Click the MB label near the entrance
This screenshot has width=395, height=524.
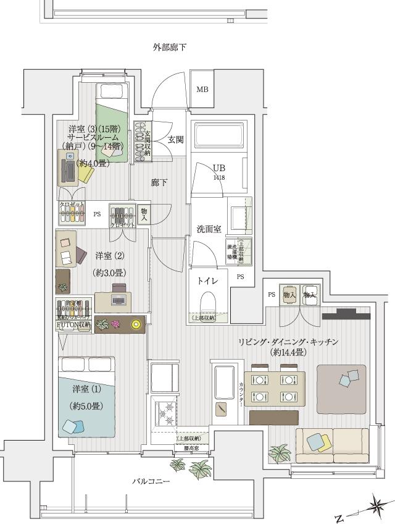click(x=202, y=90)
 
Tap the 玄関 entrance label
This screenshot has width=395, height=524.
click(x=175, y=140)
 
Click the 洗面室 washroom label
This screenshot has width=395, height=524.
click(x=209, y=229)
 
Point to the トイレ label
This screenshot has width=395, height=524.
click(x=207, y=281)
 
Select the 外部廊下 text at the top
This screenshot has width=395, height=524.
click(x=170, y=48)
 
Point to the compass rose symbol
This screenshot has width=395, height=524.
click(x=375, y=506)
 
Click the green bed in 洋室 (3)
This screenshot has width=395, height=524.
click(x=111, y=124)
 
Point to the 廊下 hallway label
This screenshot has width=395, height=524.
click(x=159, y=183)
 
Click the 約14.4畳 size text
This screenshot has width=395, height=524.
click(x=288, y=352)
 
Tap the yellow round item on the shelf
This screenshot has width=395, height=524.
click(x=136, y=322)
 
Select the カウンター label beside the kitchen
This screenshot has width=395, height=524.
click(x=241, y=388)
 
